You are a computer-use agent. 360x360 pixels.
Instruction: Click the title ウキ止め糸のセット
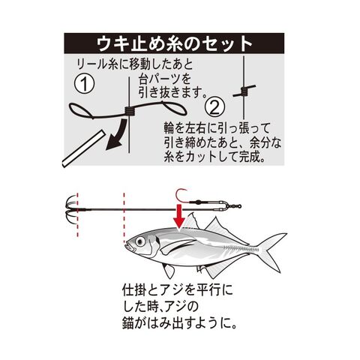pyautogui.click(x=174, y=44)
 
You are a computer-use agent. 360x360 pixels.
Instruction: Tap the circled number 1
pyautogui.click(x=85, y=84)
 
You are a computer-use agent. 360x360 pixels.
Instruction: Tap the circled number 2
pyautogui.click(x=214, y=107)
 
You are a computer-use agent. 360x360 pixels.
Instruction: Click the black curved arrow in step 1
pyautogui.click(x=117, y=135)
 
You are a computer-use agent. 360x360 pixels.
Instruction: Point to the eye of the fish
pyautogui.click(x=140, y=241)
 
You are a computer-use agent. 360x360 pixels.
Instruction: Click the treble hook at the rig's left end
pyautogui.click(x=71, y=208)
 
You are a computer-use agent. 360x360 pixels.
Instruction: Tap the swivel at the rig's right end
pyautogui.click(x=235, y=206)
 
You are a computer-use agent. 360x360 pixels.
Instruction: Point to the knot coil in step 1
pyautogui.click(x=130, y=111)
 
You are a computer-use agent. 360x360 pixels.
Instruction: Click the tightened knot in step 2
pyautogui.click(x=244, y=91)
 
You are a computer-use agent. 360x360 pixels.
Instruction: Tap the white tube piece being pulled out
pyautogui.click(x=83, y=148)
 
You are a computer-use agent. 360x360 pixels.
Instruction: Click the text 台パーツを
pyautogui.click(x=165, y=79)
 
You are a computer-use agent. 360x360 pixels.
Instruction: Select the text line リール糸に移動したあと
pyautogui.click(x=135, y=64)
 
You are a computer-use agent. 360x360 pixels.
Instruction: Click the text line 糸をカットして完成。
pyautogui.click(x=214, y=157)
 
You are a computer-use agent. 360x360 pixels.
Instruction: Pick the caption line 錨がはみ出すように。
pyautogui.click(x=179, y=323)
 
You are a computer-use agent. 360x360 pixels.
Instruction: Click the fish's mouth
pyautogui.click(x=128, y=246)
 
